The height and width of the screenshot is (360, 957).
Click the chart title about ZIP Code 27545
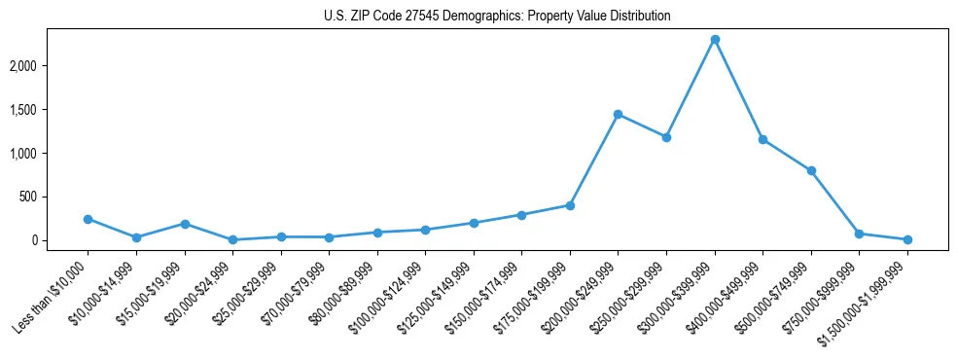click(x=497, y=16)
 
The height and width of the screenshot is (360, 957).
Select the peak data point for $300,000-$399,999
click(x=715, y=39)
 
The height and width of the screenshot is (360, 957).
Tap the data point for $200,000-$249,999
click(x=618, y=114)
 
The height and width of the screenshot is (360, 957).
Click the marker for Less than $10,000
click(x=88, y=219)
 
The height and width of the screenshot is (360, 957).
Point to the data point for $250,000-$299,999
click(x=666, y=137)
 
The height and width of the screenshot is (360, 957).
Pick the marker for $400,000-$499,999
click(x=762, y=139)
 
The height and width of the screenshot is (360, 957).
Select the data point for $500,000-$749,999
click(x=811, y=170)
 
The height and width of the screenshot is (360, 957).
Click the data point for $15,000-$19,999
click(x=184, y=224)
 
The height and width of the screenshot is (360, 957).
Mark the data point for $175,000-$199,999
click(x=570, y=205)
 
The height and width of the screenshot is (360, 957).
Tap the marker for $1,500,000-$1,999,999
click(x=907, y=239)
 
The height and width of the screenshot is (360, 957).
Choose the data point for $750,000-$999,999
click(x=859, y=234)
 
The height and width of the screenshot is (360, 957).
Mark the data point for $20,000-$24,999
click(x=232, y=239)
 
